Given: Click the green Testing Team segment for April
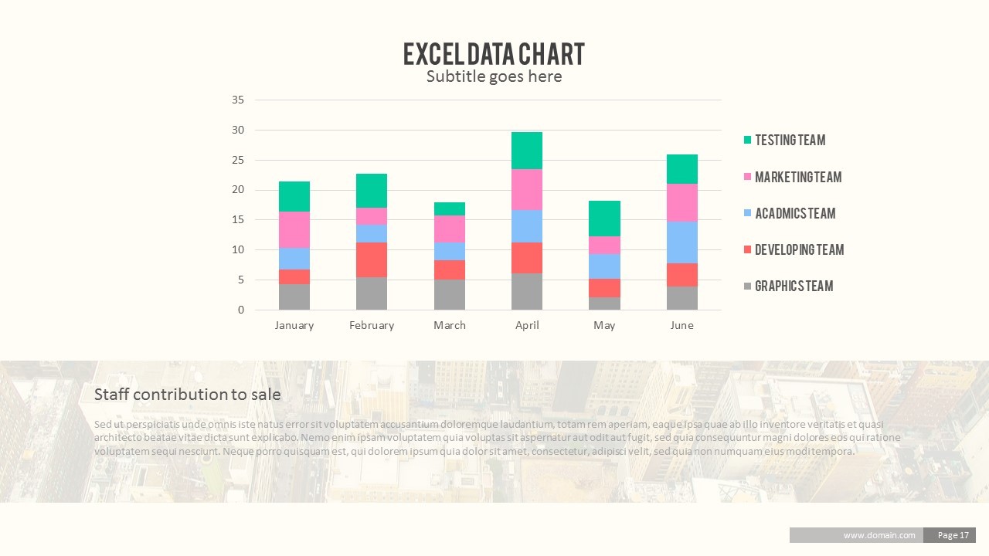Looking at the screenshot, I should click(527, 151).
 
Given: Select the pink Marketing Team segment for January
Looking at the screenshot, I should click(294, 229).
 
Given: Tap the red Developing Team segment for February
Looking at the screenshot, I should click(372, 259).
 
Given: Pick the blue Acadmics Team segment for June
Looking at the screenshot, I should click(682, 242).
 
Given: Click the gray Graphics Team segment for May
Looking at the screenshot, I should click(604, 303).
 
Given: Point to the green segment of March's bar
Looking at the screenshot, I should click(450, 208).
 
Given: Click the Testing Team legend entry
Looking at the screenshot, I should click(790, 140).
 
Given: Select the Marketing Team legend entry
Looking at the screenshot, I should click(797, 177).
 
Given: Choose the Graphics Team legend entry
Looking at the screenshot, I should click(794, 286).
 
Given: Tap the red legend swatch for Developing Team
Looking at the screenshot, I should click(747, 250).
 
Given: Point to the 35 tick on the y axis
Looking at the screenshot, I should click(238, 100).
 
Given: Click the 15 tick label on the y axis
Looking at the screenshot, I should click(238, 220).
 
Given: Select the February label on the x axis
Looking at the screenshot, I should click(372, 325).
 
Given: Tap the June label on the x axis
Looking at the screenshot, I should click(681, 325).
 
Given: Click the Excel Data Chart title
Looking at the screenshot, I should click(494, 54).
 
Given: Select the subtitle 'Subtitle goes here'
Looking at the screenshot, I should click(494, 76).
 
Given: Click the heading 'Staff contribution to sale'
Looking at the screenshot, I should click(187, 395).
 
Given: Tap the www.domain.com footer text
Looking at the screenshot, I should click(879, 535).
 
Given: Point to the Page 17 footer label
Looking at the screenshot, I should click(953, 535).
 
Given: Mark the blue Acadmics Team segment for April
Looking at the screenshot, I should click(527, 226).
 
